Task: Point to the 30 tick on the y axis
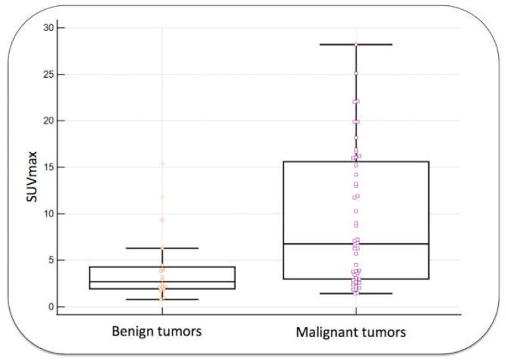tap(46, 28)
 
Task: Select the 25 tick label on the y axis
tap(46, 75)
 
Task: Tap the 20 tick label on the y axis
tap(46, 121)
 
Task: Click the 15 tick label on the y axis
tap(46, 167)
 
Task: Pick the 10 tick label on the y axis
tap(46, 214)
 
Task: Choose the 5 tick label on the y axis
tap(49, 260)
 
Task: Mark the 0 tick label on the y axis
tap(49, 307)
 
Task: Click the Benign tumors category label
tap(162, 332)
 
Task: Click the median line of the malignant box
tap(356, 244)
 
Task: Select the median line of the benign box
tap(162, 282)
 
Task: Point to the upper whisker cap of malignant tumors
tap(356, 44)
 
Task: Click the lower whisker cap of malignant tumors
tap(356, 293)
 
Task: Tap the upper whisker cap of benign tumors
tap(162, 248)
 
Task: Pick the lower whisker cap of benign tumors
tap(162, 299)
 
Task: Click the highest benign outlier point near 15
tap(162, 163)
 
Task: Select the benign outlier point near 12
tap(162, 196)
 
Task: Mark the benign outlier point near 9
tap(162, 220)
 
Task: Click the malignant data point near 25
tap(356, 74)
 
